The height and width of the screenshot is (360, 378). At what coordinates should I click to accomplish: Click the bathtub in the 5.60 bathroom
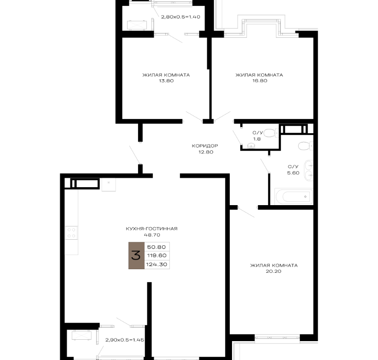coord(294,197)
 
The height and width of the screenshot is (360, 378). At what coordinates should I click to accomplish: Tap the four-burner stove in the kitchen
coord(71,233)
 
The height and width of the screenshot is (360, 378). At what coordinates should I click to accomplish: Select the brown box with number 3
coord(136,255)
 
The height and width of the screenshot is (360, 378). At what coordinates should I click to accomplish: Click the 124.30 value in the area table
coord(157,265)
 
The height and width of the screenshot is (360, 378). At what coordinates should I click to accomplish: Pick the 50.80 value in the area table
coord(157,247)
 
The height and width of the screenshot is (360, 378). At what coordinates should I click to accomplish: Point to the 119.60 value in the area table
coord(157,255)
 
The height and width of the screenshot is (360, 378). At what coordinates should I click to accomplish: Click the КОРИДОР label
coord(205,146)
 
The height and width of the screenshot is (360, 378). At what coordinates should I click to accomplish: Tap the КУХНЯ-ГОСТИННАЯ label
coord(151,229)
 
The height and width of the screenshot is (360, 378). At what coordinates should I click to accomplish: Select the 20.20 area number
coord(273,271)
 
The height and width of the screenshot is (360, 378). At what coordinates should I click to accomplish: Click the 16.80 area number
coord(260,81)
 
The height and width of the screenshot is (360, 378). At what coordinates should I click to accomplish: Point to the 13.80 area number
coord(166,81)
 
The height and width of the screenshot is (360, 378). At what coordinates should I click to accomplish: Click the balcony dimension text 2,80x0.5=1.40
coord(180,17)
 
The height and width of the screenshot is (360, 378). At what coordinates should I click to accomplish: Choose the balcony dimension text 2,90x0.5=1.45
coord(125,340)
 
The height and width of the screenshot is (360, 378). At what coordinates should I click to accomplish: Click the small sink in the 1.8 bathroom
coord(251,146)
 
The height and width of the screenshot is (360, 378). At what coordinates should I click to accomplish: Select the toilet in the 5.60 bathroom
coord(306,146)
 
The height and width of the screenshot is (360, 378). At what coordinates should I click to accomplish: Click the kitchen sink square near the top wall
coord(109,184)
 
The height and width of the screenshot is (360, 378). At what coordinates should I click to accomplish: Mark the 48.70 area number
coord(152,235)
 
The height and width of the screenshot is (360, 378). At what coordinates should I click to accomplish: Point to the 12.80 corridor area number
coord(206,152)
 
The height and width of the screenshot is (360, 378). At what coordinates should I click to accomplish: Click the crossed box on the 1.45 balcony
coord(81,336)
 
